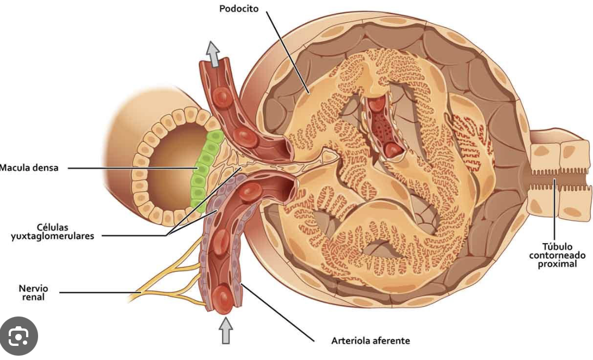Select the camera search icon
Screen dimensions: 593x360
coord(18,337)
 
